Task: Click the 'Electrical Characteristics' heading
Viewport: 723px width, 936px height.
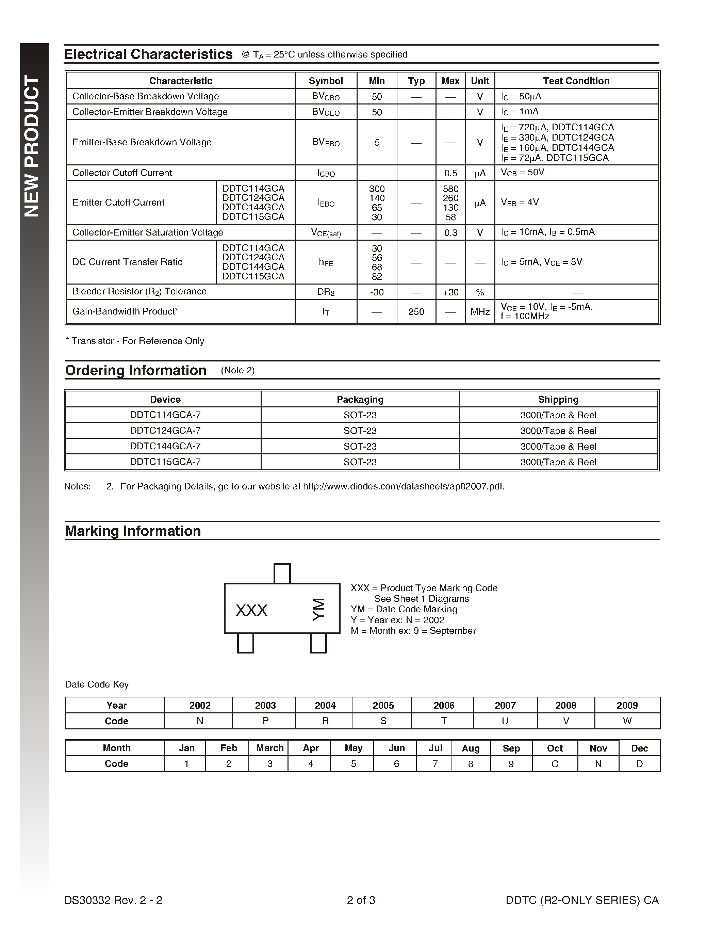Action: point(148,54)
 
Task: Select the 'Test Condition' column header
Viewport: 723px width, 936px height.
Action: point(576,81)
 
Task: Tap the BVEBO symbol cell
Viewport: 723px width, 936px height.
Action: point(326,142)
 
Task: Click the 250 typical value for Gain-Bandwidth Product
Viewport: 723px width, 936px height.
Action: point(416,311)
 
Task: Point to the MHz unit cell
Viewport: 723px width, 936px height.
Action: point(480,311)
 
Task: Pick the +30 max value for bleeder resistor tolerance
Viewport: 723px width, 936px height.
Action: point(450,292)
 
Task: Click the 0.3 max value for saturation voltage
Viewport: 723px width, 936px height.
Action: point(450,233)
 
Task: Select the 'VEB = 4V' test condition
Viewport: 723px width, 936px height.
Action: point(520,202)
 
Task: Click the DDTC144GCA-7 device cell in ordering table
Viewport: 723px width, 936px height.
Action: point(165,446)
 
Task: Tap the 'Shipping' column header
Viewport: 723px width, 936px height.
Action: point(558,400)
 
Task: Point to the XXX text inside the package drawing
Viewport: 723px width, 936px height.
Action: point(251,610)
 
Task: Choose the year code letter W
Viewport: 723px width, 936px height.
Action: point(627,721)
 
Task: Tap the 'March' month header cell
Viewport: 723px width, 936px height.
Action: point(270,748)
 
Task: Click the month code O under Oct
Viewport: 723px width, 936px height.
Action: point(555,764)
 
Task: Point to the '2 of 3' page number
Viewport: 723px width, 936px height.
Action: point(361,900)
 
